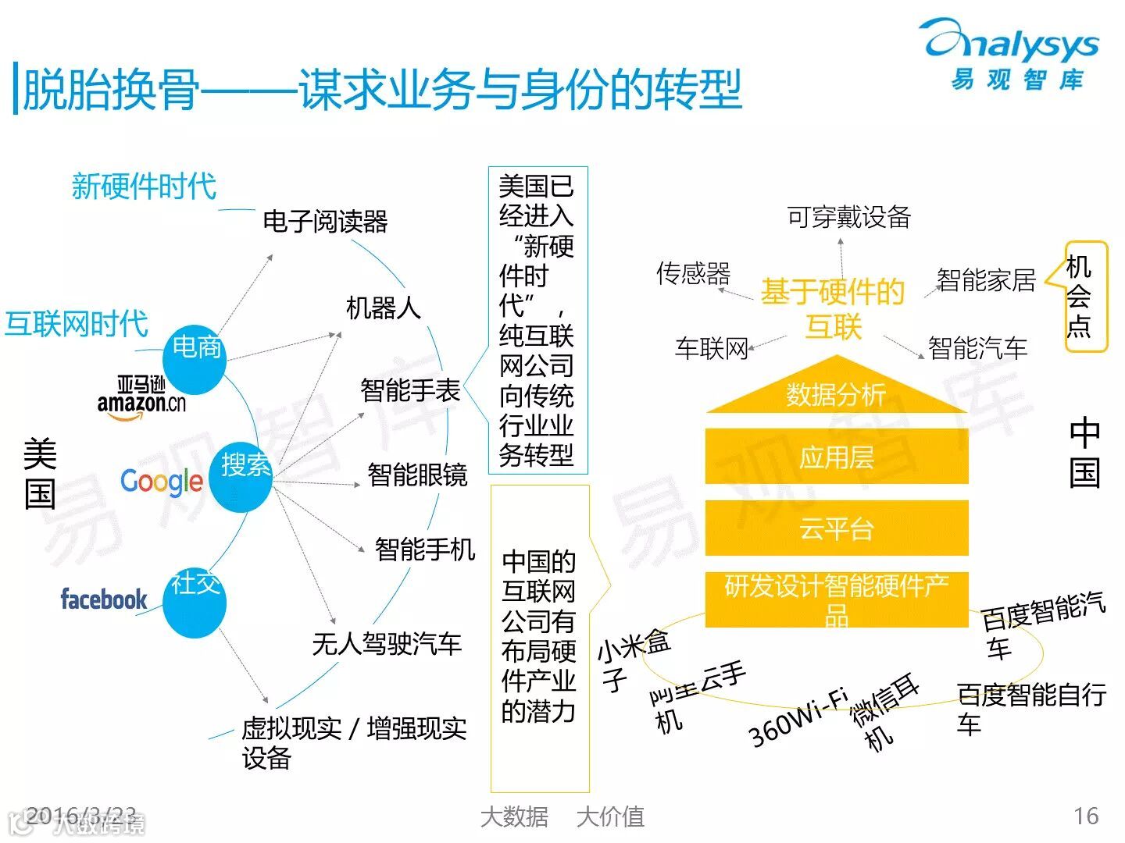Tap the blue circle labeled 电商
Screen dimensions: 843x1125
click(x=195, y=357)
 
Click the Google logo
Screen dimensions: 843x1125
click(x=162, y=482)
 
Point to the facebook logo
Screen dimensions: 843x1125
click(x=104, y=599)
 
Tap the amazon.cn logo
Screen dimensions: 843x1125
click(x=142, y=397)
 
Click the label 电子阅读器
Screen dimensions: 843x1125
click(x=325, y=222)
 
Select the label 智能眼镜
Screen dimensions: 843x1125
click(x=417, y=475)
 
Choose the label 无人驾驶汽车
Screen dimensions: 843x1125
click(x=387, y=644)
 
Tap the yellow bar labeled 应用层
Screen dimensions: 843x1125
click(x=836, y=457)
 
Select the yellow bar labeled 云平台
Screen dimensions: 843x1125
click(x=836, y=528)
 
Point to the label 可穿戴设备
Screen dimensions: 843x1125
click(x=848, y=217)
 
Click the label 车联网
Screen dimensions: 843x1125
click(x=711, y=348)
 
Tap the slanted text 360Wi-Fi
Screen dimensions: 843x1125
click(x=797, y=718)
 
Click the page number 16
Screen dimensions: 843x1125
click(x=1086, y=816)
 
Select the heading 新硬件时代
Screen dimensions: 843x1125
click(x=144, y=186)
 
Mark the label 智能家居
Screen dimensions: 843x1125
click(x=986, y=279)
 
